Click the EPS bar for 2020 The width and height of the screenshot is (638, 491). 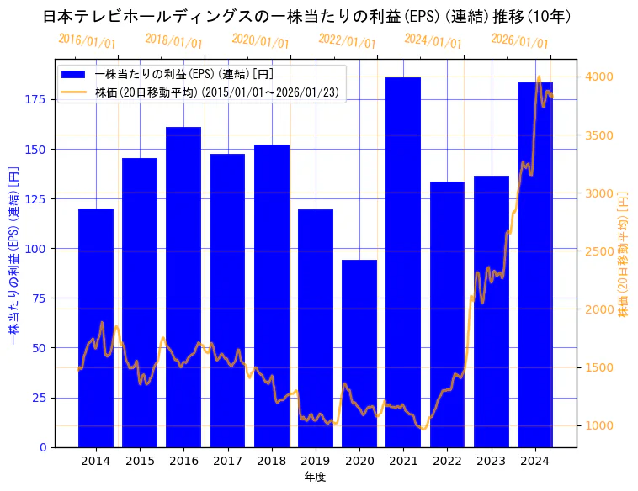(x=359, y=353)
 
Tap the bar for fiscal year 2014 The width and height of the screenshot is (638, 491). (x=96, y=328)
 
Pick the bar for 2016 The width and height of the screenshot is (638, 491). (x=183, y=287)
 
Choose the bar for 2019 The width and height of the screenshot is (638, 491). (x=316, y=328)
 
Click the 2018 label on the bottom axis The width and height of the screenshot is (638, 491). (x=271, y=460)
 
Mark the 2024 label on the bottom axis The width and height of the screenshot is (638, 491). (x=534, y=460)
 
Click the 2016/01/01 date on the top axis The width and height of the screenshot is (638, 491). (x=88, y=40)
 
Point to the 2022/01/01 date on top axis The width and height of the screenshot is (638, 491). (x=347, y=40)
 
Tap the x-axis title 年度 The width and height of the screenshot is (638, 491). (x=315, y=477)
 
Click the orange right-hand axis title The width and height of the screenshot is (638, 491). (x=624, y=253)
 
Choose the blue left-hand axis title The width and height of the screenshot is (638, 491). (x=14, y=253)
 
